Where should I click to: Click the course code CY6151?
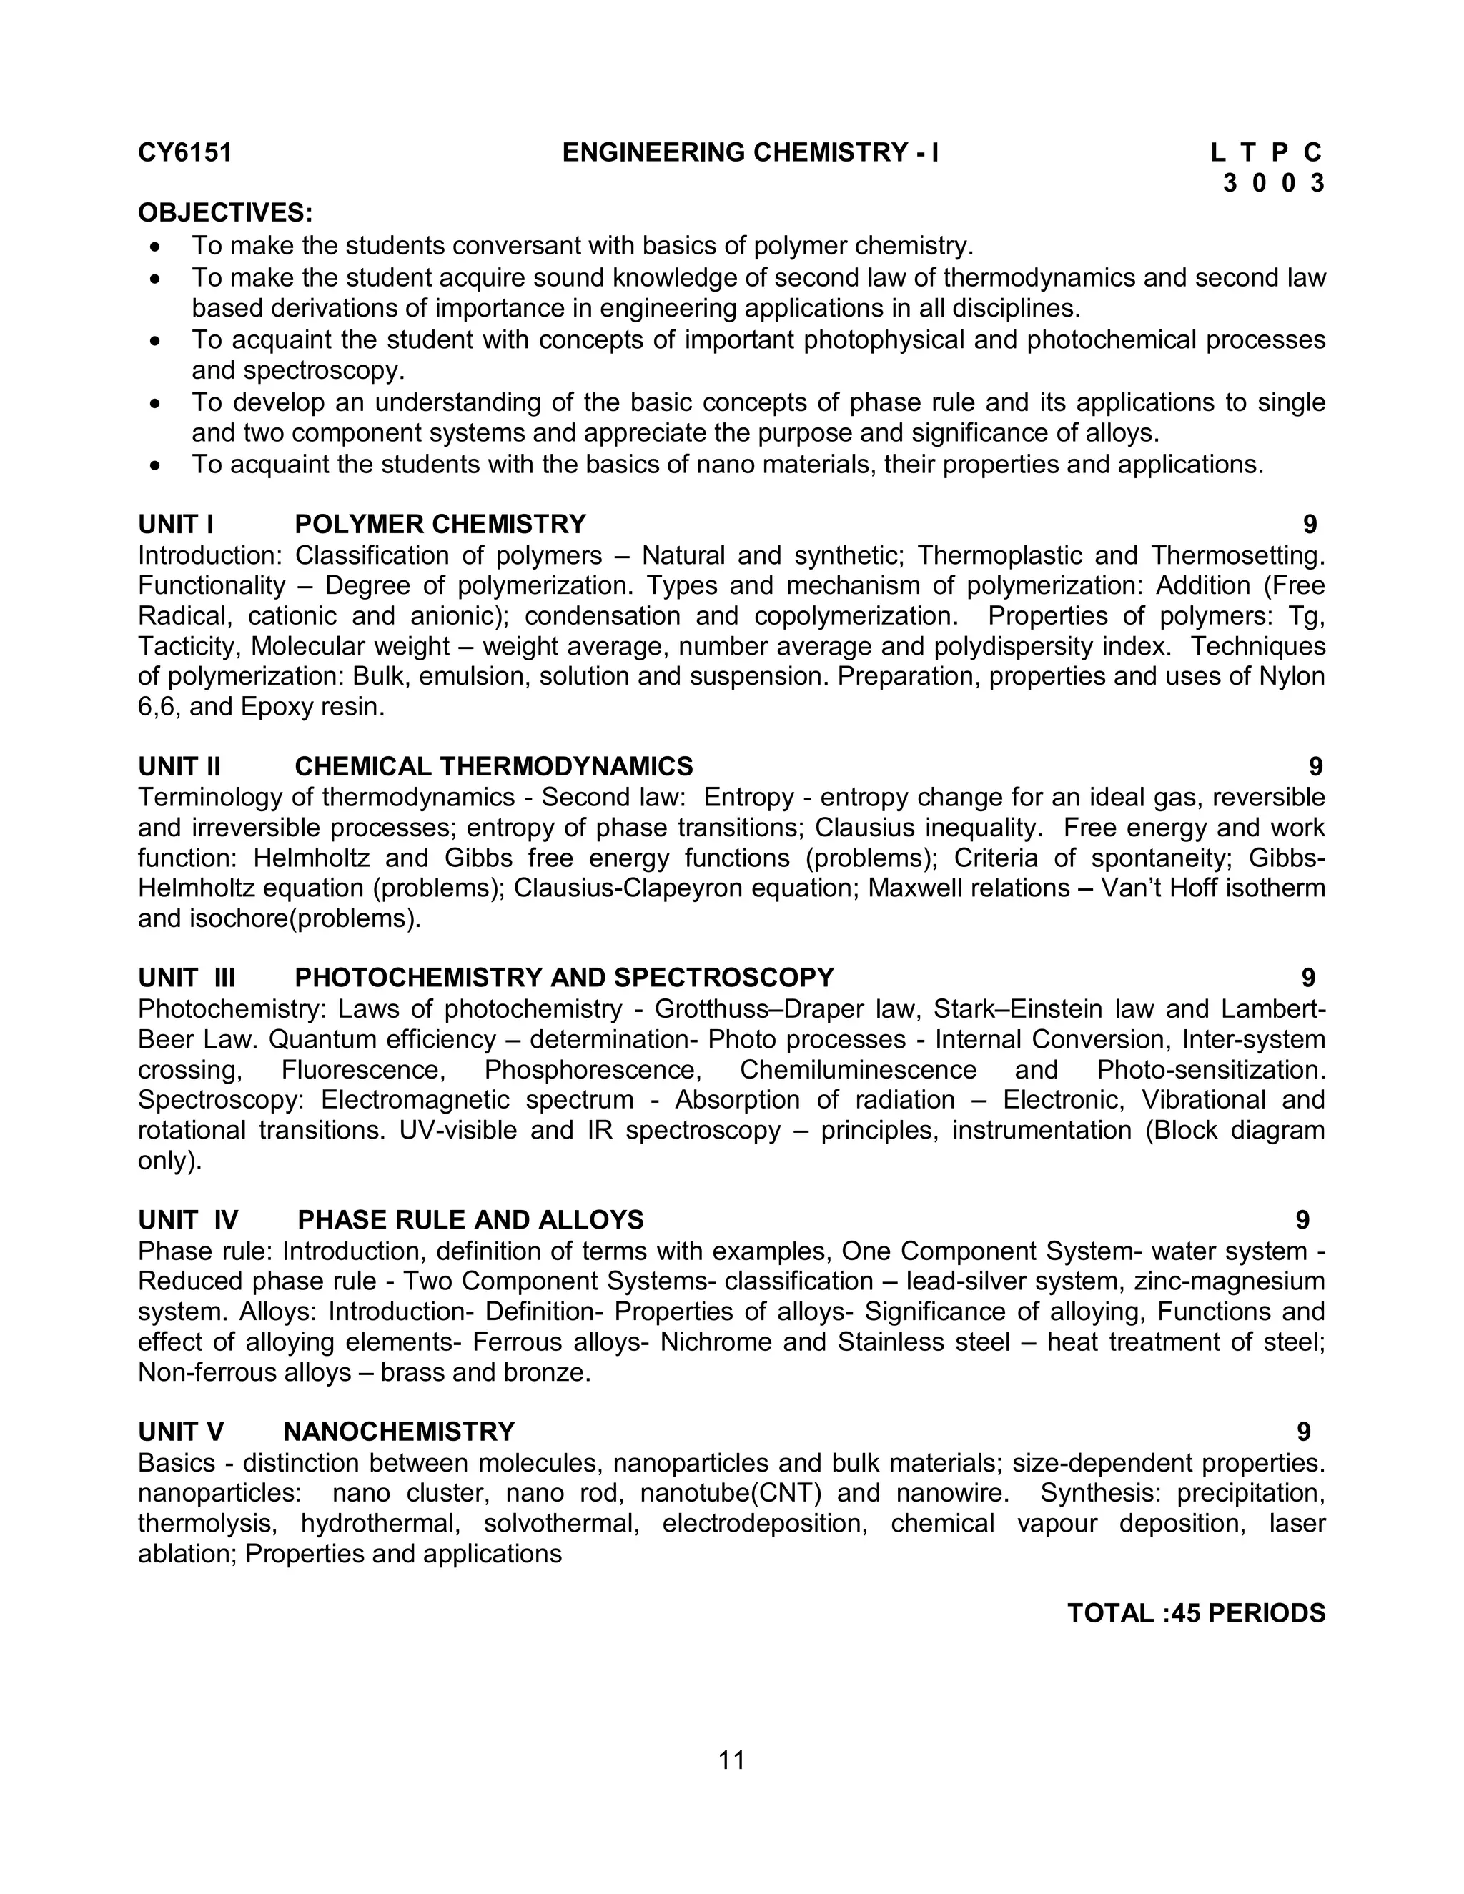coord(184,153)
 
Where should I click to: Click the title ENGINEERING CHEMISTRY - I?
coord(750,153)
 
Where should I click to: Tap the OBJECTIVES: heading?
coord(225,212)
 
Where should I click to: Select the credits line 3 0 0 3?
coord(1273,183)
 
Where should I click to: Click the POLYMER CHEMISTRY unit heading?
coord(440,525)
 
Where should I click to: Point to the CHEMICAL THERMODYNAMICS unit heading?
coord(493,767)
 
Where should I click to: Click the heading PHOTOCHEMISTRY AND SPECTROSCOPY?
coord(564,978)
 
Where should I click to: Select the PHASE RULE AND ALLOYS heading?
coord(470,1220)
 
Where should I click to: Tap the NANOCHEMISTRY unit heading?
coord(399,1432)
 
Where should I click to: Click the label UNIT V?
coord(180,1432)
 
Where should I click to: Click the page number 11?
coord(731,1760)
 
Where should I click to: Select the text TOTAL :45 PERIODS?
coord(1195,1613)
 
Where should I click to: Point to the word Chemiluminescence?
coord(858,1070)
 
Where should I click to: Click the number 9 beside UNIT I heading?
coord(1310,525)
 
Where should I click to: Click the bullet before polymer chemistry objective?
coord(155,247)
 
